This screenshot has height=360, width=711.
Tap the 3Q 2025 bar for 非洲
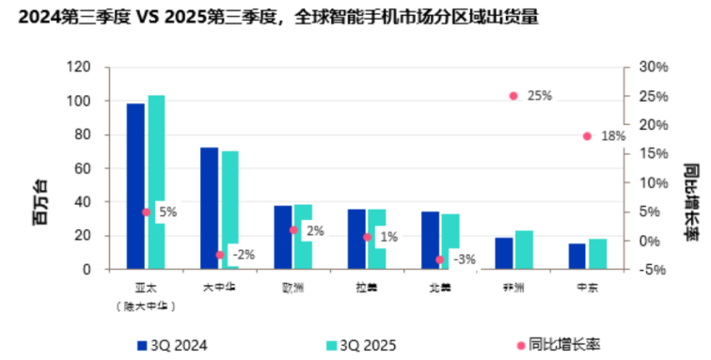[x=524, y=250]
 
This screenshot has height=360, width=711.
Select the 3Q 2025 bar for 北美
[x=450, y=242]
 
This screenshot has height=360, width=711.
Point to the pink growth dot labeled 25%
[x=513, y=96]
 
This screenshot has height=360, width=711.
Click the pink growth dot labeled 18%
[x=587, y=136]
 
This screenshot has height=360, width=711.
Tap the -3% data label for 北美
[x=464, y=259]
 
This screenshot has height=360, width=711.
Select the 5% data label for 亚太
[x=167, y=212]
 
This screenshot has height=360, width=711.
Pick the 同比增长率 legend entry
[x=555, y=345]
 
